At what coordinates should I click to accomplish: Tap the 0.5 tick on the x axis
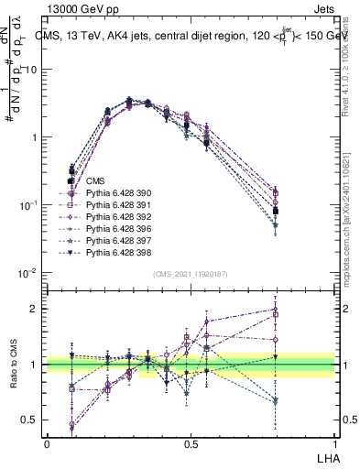[x=191, y=442]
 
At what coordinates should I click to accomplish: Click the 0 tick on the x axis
[x=47, y=442]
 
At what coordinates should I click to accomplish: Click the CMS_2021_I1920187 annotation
[x=191, y=274]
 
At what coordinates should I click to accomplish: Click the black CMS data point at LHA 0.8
[x=276, y=211]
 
